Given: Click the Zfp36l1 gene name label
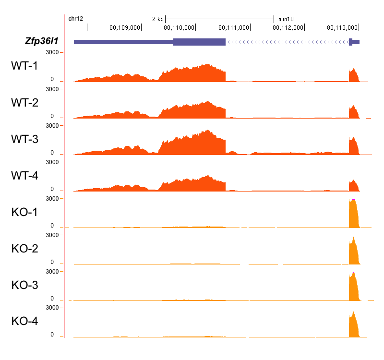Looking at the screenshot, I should point(41,41).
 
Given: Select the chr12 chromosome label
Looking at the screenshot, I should point(76,19).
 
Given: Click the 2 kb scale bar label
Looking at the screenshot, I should point(157,19).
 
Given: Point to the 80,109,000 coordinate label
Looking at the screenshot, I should point(125,27).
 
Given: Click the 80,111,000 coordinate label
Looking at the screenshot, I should point(234,27).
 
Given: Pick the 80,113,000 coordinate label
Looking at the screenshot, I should point(343,27).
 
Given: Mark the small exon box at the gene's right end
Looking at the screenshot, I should point(351,42).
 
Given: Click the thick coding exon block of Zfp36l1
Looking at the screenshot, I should point(199,42).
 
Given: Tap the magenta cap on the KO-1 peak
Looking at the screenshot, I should point(353,200).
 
